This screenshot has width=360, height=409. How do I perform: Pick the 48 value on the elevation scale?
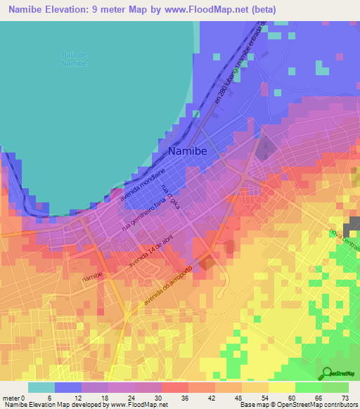click(240, 397)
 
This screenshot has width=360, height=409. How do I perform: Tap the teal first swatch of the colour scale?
click(41, 387)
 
